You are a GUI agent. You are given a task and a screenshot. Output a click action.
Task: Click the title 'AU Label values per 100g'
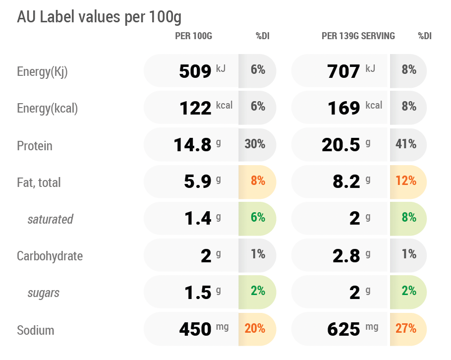click(99, 17)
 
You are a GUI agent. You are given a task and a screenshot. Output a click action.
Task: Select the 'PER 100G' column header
click(194, 36)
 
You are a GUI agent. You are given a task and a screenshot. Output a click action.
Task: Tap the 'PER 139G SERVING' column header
click(358, 36)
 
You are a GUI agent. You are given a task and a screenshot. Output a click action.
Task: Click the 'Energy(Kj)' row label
click(42, 72)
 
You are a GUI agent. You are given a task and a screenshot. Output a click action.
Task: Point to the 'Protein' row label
click(35, 146)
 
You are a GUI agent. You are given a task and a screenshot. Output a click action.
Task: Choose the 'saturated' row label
click(51, 219)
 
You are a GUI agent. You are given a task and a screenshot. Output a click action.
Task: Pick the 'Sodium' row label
click(35, 330)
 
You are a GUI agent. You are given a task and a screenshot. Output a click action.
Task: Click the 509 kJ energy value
click(202, 71)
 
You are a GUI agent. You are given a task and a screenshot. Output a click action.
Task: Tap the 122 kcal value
click(206, 108)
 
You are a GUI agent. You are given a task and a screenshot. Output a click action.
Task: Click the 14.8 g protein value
click(197, 144)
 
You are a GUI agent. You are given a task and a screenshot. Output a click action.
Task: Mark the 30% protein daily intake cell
click(255, 144)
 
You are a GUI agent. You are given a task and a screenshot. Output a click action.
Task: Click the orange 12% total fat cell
click(406, 180)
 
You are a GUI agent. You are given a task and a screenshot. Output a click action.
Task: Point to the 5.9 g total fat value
click(203, 181)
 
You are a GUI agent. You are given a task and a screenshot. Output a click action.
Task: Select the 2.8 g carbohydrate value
click(351, 255)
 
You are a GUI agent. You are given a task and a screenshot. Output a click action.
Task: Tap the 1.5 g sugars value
click(203, 293)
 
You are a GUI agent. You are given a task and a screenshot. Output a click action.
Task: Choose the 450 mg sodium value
click(204, 329)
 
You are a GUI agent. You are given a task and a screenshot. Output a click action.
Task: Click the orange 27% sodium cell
click(406, 328)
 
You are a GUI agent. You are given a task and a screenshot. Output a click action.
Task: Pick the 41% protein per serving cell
click(406, 144)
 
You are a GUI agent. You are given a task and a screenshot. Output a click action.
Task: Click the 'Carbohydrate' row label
click(50, 256)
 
